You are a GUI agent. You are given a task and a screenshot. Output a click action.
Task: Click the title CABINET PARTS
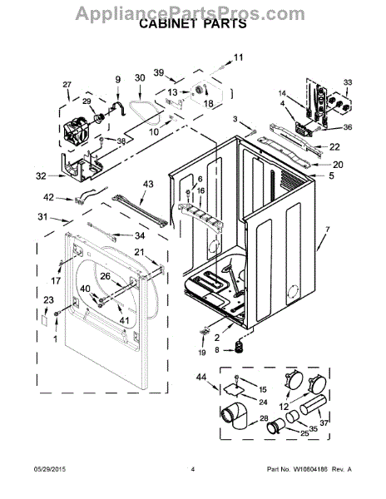[x=192, y=25]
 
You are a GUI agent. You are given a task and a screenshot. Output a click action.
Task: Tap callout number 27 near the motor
[x=67, y=84]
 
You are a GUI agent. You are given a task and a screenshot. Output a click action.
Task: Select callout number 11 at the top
[x=239, y=57]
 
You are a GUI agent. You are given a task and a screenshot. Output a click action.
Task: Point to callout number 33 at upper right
[x=349, y=82]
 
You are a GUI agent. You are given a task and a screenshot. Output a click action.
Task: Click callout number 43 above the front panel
[x=148, y=184]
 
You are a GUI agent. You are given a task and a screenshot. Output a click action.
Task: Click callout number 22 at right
[x=334, y=146]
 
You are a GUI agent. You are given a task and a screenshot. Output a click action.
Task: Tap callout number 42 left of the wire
[x=49, y=197]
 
